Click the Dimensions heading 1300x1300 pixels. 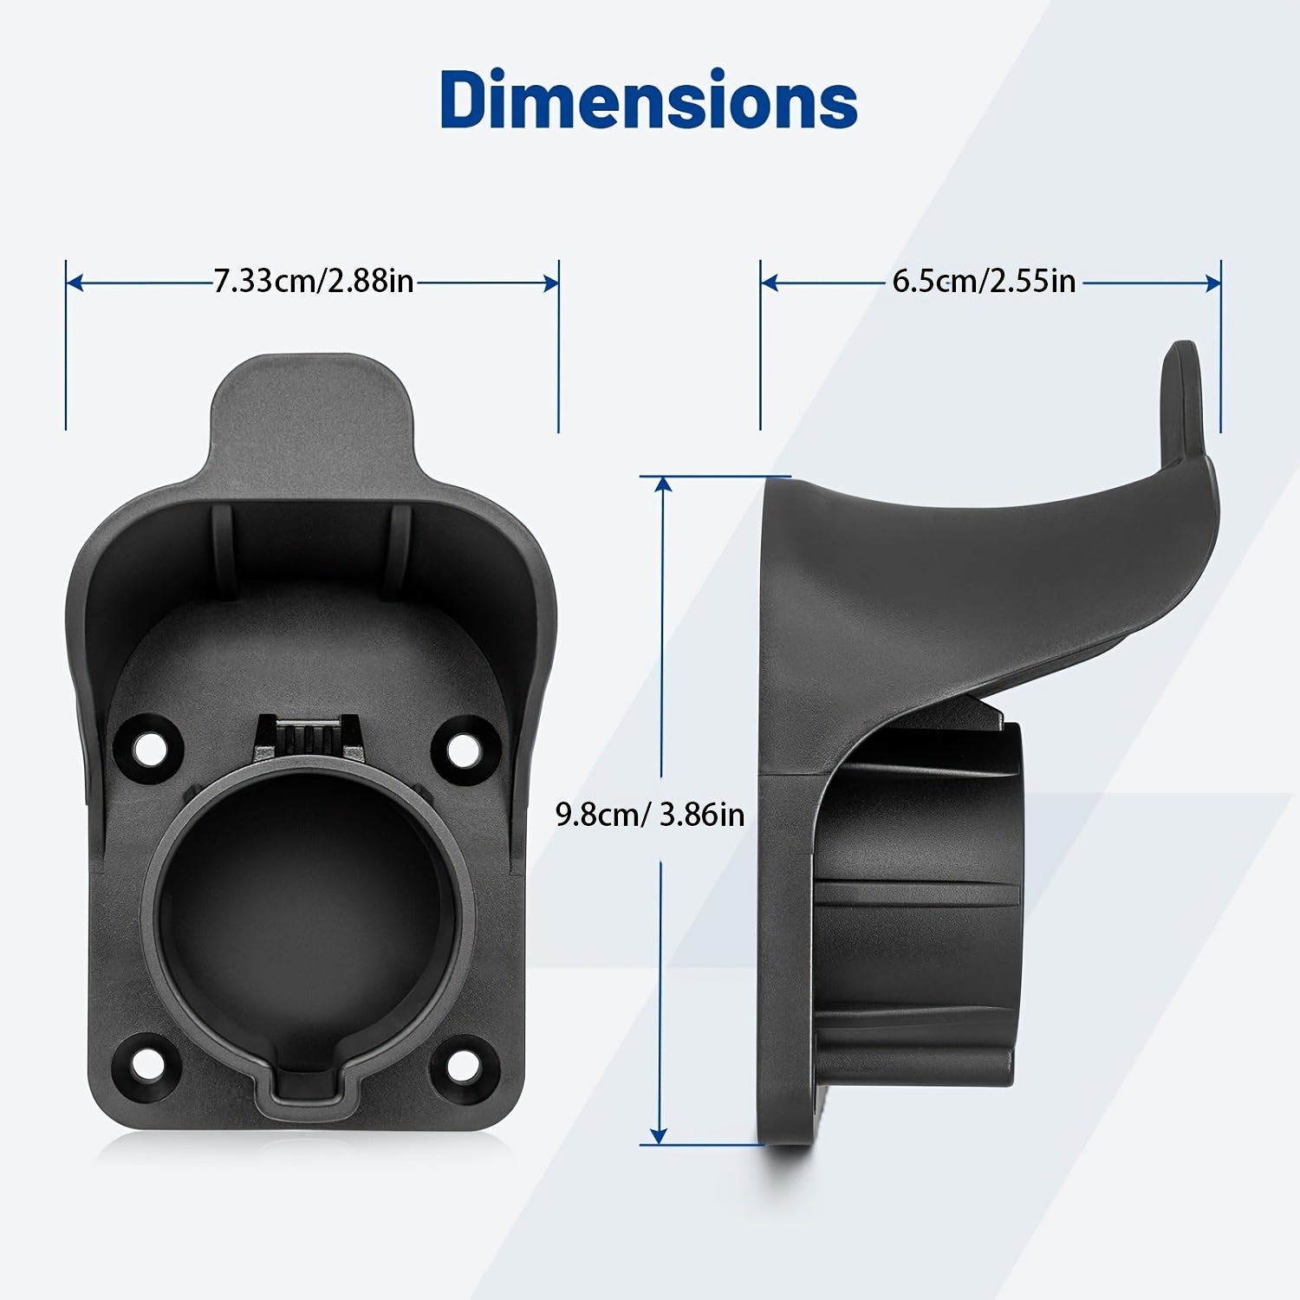coord(649,101)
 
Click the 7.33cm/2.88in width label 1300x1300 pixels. coord(314,282)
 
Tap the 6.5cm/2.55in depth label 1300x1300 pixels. coord(984,282)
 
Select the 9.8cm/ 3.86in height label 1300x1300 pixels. coord(650,815)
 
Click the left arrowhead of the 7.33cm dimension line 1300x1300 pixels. coord(75,283)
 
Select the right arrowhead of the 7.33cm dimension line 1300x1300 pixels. coord(550,283)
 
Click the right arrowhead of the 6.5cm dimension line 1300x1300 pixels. coord(1212,283)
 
